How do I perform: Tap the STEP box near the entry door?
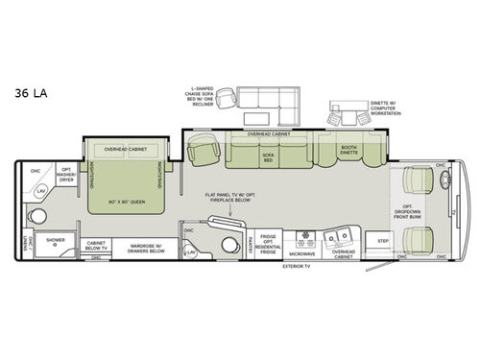pos(382,241)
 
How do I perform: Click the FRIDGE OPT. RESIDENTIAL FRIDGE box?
pos(270,242)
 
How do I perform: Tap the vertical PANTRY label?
pos(250,242)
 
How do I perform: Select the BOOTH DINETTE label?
pos(348,150)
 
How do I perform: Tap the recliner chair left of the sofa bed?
pos(204,151)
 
